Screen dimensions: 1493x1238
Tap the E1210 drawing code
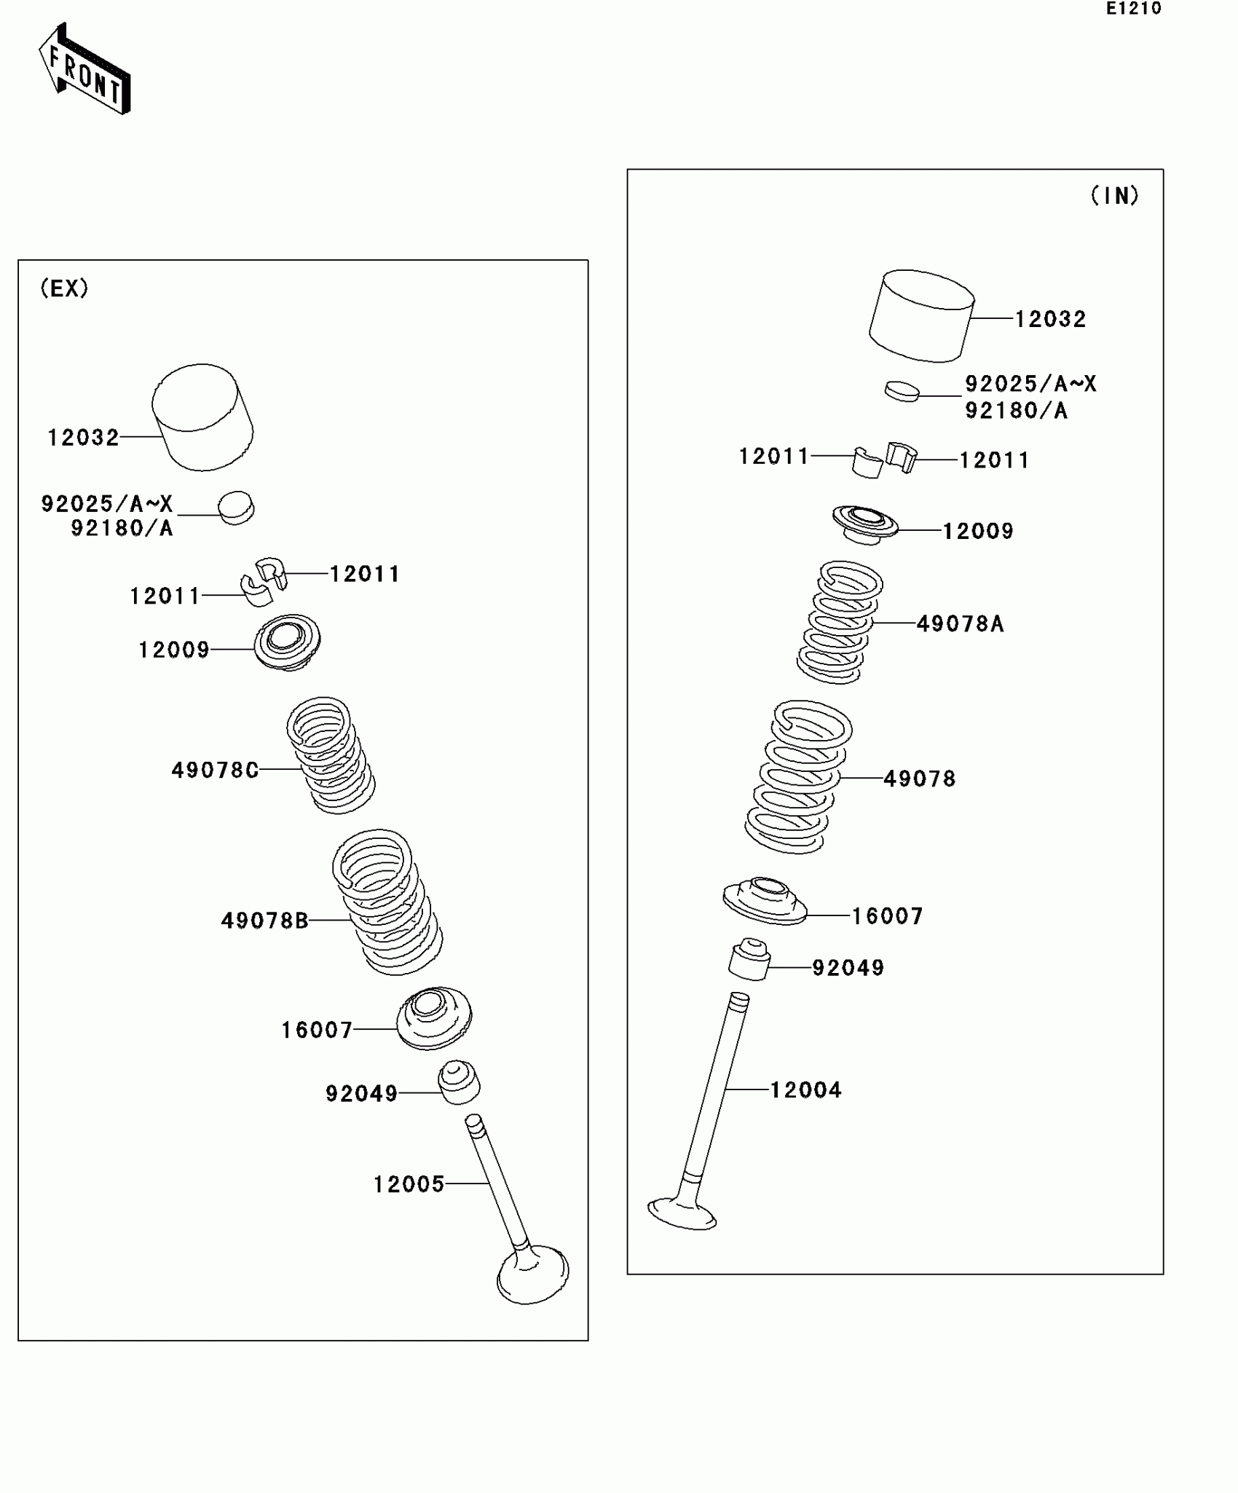coord(1133,9)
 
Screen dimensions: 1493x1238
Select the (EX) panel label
coord(64,288)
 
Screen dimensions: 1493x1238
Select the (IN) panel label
coord(1114,195)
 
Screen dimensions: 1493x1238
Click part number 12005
coord(409,1185)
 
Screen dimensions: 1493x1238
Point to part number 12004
coord(805,1090)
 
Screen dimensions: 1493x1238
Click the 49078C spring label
coord(215,770)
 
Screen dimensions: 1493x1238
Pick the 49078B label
coord(264,921)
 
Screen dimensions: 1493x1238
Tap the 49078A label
coord(960,624)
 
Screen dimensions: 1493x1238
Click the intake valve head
coord(682,1214)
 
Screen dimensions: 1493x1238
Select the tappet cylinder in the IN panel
coord(922,316)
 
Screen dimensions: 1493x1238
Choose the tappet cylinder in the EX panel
coord(202,417)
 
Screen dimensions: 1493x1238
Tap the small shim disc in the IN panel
coord(902,390)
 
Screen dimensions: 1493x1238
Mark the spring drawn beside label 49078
coord(797,776)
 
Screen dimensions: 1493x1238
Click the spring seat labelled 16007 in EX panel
coord(434,1018)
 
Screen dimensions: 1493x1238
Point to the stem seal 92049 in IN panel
coord(749,960)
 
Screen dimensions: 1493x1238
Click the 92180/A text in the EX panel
coord(122,528)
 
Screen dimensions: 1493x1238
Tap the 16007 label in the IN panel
coord(887,916)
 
